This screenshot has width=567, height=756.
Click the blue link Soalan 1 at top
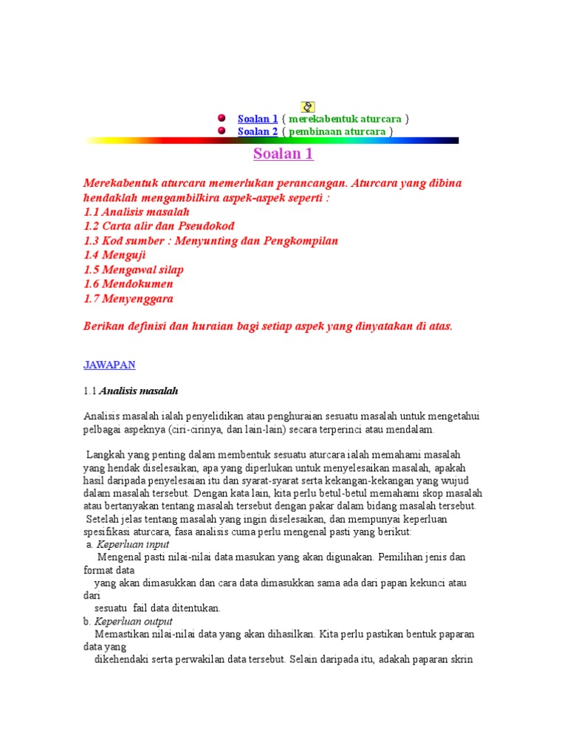click(258, 119)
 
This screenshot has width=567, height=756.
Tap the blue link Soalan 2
click(258, 131)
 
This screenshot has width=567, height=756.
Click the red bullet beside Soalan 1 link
click(221, 118)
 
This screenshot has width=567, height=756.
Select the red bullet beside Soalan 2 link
click(221, 131)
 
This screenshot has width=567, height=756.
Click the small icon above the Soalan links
click(309, 107)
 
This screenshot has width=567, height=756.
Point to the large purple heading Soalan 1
click(283, 154)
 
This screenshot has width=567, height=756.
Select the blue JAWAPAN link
click(109, 365)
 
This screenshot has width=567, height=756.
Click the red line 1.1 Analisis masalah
click(137, 212)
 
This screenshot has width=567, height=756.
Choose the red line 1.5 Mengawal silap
click(134, 269)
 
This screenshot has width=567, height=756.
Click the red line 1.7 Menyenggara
click(128, 298)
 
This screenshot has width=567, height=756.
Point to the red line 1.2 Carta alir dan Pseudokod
click(159, 226)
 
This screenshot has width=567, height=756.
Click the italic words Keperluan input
click(134, 544)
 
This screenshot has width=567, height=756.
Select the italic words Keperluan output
click(137, 622)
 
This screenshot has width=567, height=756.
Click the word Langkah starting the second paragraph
click(105, 455)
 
